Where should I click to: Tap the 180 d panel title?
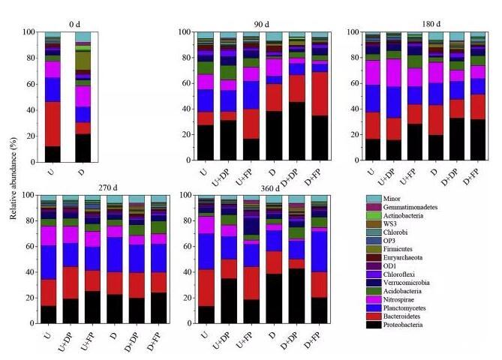coord(424,22)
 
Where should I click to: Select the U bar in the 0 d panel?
coord(53,97)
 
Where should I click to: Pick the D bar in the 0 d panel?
coord(83,97)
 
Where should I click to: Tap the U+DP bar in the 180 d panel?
coord(392,97)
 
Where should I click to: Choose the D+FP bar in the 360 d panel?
coord(320,259)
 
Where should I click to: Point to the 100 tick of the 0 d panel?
coord(29,32)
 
